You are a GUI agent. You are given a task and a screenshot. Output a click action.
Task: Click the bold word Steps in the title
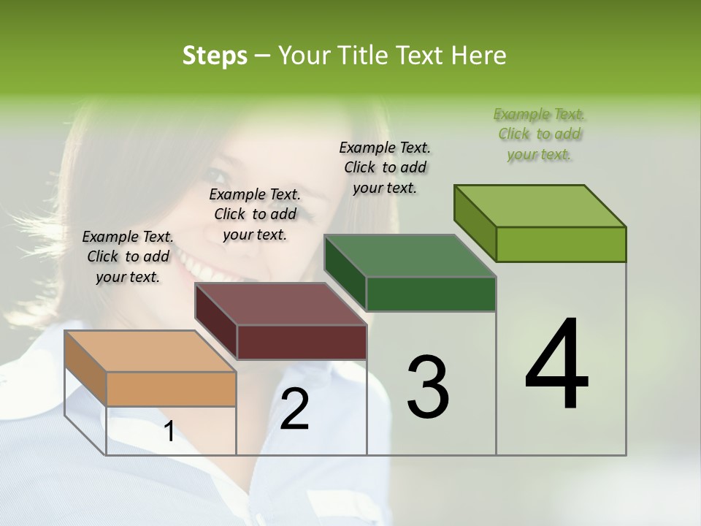[x=215, y=56]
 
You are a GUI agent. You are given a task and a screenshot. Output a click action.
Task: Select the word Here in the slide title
[x=479, y=56]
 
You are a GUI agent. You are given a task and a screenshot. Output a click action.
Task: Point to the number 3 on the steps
[x=427, y=386]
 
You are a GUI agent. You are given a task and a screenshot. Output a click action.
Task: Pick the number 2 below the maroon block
[x=294, y=408]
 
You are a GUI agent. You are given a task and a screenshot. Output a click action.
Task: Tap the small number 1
[x=169, y=432]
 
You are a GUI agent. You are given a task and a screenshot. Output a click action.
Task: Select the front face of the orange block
[x=171, y=389]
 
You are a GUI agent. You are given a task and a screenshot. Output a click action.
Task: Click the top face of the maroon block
[x=280, y=304]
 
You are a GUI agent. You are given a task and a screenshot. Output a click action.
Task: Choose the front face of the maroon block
[x=302, y=342]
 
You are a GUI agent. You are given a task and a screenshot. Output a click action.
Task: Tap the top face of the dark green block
[x=410, y=256]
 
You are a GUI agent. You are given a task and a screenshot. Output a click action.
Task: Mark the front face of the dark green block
[x=431, y=294]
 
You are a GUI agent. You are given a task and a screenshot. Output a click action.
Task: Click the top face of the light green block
[x=540, y=206]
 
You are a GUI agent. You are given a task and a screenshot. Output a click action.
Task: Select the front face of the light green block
[x=561, y=244]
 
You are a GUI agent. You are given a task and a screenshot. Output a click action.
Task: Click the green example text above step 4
[x=540, y=134]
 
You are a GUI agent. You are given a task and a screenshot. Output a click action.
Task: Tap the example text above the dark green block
[x=385, y=167]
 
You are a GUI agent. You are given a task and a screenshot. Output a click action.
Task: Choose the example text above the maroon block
[x=255, y=214]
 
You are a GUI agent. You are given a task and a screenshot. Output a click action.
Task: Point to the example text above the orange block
[x=128, y=256]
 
